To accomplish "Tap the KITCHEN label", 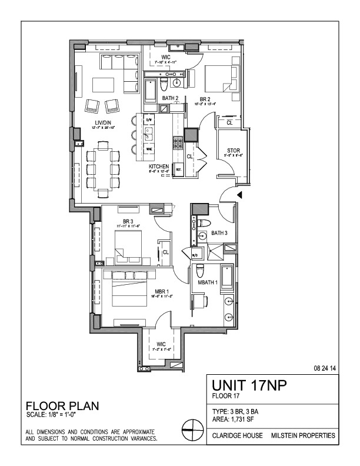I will (x=159, y=167).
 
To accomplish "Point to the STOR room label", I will (x=234, y=151).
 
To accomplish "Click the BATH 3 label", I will (x=219, y=234).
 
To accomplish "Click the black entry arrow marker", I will (x=239, y=196).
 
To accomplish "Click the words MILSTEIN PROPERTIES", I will (x=303, y=436).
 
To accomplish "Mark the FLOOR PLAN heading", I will (x=63, y=407).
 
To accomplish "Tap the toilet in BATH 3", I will (x=203, y=223).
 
